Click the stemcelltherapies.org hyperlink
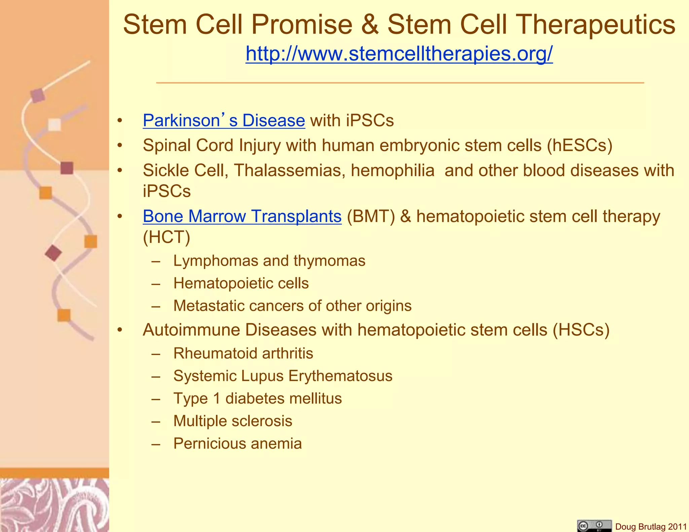point(399,53)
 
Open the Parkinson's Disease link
point(224,120)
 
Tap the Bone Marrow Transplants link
point(242,216)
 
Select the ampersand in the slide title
point(370,25)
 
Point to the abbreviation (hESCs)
point(579,146)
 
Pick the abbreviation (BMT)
point(371,216)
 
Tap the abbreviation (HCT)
point(167,237)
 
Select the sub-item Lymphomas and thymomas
point(269,261)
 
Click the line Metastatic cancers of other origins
point(292,306)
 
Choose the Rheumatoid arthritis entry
point(243,353)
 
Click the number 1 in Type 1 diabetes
point(217,398)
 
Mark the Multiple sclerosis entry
point(233,421)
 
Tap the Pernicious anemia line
point(238,444)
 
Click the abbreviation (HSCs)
point(581,330)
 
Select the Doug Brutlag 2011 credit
point(651,527)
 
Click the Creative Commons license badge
point(594,526)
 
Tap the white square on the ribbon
point(55,125)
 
